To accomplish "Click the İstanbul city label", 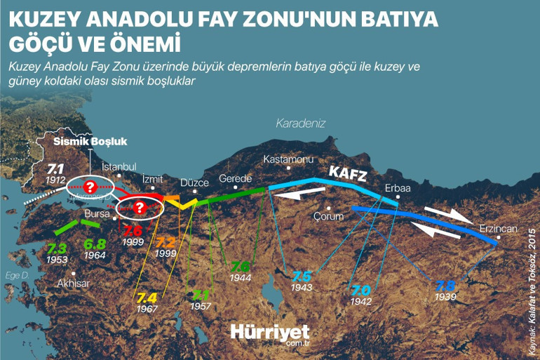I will point(119,167).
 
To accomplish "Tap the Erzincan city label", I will point(498,229).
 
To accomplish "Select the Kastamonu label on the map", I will point(288,160).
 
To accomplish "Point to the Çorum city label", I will point(328,215).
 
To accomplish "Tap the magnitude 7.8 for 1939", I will point(445,286).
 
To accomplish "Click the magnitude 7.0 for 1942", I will point(360,290).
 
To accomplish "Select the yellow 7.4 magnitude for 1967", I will point(147,297).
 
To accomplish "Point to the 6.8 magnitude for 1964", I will point(95,244).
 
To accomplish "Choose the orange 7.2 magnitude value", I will point(166,242).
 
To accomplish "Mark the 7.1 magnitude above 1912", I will point(56,169).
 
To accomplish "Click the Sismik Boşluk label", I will point(90,141).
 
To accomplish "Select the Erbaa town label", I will point(398,188).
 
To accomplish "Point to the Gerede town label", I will point(234,178).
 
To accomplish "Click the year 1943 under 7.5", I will point(302,288).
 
